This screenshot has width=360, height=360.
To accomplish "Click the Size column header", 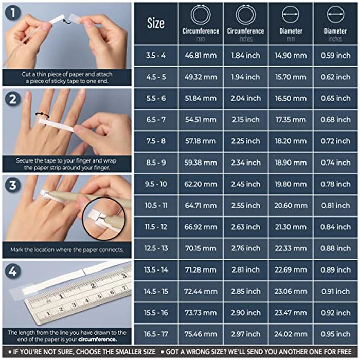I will (x=156, y=23).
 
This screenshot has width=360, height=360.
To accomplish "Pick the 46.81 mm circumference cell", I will (x=200, y=56).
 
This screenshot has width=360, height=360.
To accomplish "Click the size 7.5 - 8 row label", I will (x=156, y=141).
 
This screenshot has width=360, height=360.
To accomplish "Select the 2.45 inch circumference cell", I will (x=245, y=184).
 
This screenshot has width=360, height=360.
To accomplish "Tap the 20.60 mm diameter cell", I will (x=291, y=205).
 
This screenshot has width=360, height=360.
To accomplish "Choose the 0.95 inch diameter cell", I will (x=335, y=334).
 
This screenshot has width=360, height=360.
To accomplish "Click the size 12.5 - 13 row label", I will (x=156, y=248).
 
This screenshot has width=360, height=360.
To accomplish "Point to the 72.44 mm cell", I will (x=200, y=291).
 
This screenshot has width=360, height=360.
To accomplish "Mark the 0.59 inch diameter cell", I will (x=335, y=56).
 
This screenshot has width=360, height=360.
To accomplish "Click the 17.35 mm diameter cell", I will (x=291, y=120).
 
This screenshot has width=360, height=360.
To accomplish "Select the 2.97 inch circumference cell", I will (x=245, y=334).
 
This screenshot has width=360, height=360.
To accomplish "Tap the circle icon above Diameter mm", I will (x=291, y=14).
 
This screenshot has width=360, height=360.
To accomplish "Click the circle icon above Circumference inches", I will (x=245, y=14).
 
